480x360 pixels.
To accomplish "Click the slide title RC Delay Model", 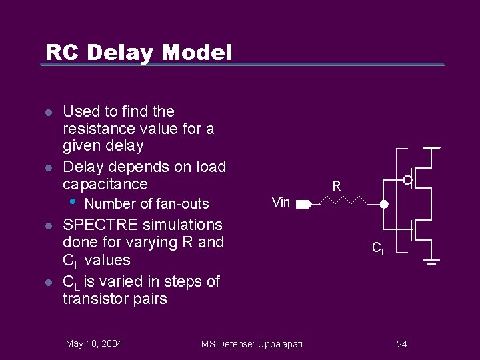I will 139,52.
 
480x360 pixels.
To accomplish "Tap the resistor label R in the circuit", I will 337,187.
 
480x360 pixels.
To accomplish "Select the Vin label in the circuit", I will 281,202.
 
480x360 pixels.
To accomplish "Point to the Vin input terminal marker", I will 303,203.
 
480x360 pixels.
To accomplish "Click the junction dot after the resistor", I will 384,204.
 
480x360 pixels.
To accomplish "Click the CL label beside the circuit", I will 378,248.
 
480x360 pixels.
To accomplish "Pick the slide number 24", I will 401,344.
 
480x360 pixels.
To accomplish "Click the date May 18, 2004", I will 94,343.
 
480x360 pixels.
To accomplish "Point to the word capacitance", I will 105,184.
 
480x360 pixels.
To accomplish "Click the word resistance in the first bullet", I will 98,129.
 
